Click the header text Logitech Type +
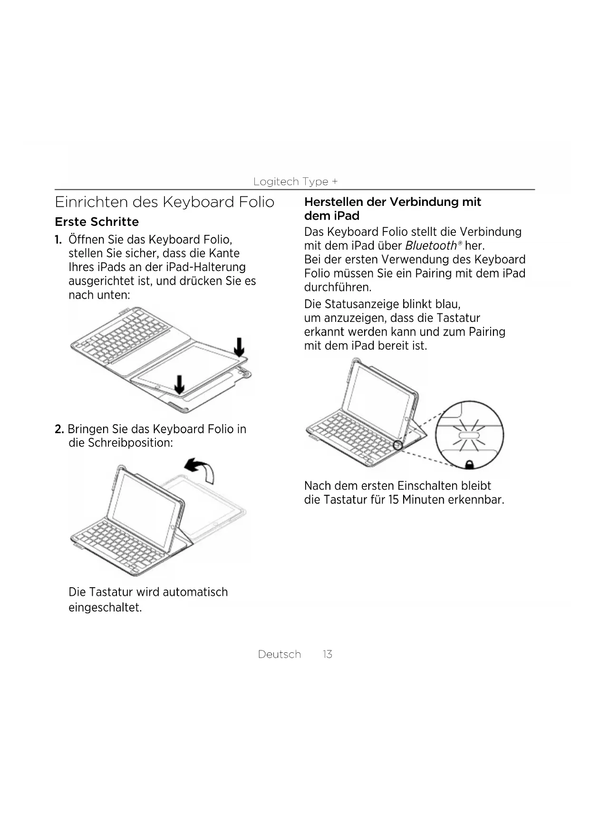[295, 182]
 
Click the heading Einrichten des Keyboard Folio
[164, 202]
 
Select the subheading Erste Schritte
[97, 222]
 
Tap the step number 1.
[58, 239]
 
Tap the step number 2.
[59, 429]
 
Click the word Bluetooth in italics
[430, 245]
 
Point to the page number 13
[327, 654]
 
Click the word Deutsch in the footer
[279, 654]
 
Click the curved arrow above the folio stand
[200, 468]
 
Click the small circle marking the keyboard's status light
[398, 445]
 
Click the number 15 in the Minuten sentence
[393, 500]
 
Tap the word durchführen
[337, 287]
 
